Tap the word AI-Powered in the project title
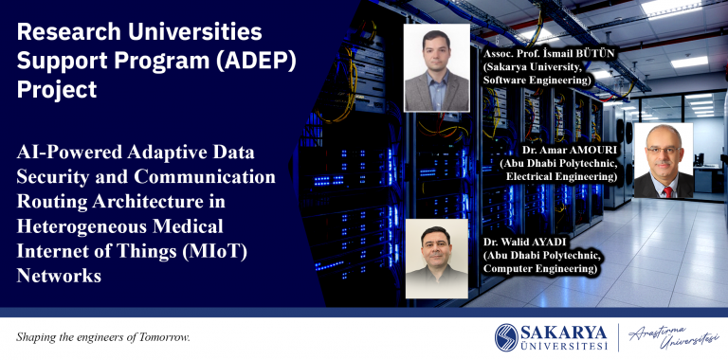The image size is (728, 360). (66, 153)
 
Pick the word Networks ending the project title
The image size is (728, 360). (59, 276)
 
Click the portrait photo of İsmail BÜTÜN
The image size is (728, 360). (437, 68)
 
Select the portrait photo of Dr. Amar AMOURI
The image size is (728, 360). (664, 160)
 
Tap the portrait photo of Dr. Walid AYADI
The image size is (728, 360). (436, 259)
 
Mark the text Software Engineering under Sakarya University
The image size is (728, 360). (537, 81)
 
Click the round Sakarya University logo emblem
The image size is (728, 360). (506, 337)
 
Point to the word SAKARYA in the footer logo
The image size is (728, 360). (564, 333)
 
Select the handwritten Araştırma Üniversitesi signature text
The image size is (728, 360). (673, 337)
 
